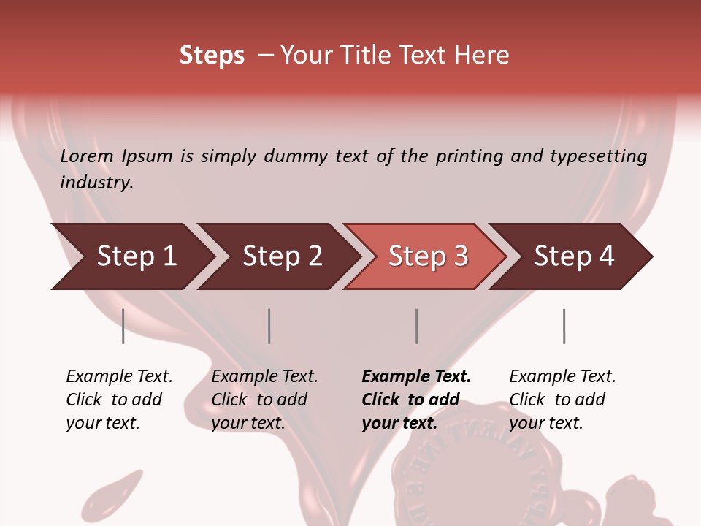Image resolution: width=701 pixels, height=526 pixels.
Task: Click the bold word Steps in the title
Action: point(212,56)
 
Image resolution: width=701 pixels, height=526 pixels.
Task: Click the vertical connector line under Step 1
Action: point(123,326)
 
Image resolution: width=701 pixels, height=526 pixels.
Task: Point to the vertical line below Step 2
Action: point(269,326)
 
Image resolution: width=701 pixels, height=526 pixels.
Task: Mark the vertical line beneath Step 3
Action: point(417,326)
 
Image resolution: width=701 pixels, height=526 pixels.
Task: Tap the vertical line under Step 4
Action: point(564,326)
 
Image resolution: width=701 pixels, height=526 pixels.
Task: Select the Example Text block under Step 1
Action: point(119,400)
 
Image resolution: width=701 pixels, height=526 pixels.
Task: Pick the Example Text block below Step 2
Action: point(264,400)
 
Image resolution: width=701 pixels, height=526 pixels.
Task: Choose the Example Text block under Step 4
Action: point(562,400)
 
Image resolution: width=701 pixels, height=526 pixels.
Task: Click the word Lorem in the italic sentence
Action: point(87,156)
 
